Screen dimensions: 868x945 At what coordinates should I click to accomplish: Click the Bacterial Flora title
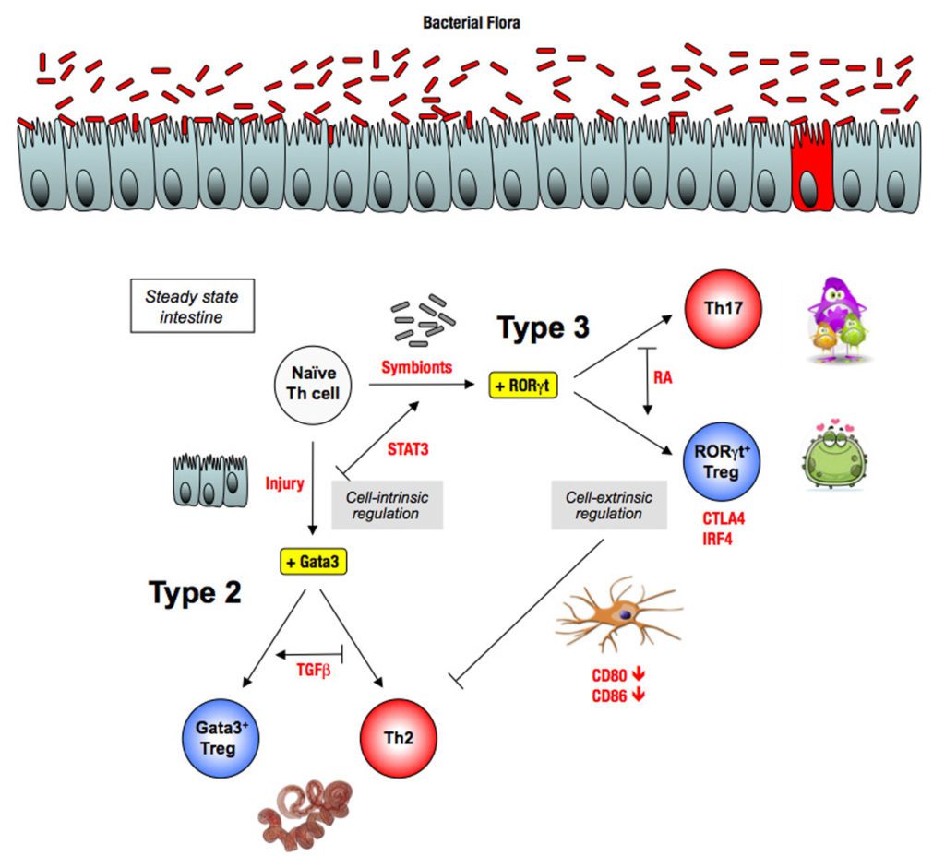(472, 23)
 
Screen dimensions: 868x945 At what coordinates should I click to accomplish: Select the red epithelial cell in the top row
(812, 166)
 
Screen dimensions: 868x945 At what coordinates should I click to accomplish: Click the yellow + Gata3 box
(314, 559)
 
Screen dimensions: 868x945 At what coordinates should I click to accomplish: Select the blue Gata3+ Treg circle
(219, 739)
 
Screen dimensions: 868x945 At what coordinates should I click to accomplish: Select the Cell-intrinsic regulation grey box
(387, 505)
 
